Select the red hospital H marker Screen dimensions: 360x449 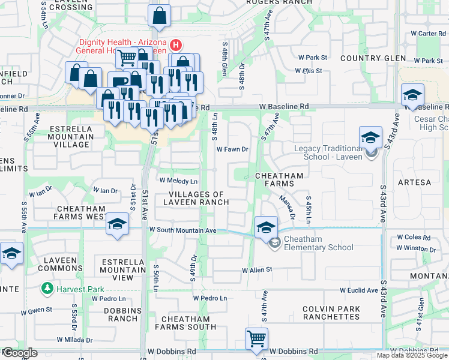176,44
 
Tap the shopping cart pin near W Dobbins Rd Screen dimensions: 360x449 257,338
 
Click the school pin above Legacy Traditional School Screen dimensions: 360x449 371,137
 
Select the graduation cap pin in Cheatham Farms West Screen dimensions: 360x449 117,225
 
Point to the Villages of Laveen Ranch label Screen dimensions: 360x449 196,198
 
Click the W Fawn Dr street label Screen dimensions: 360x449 232,149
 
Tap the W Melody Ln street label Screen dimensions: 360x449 178,181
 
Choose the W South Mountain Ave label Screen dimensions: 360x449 182,230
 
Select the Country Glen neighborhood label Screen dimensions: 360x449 369,58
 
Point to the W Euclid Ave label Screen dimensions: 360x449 359,290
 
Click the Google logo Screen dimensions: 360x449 20,353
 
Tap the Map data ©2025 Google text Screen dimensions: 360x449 412,355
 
